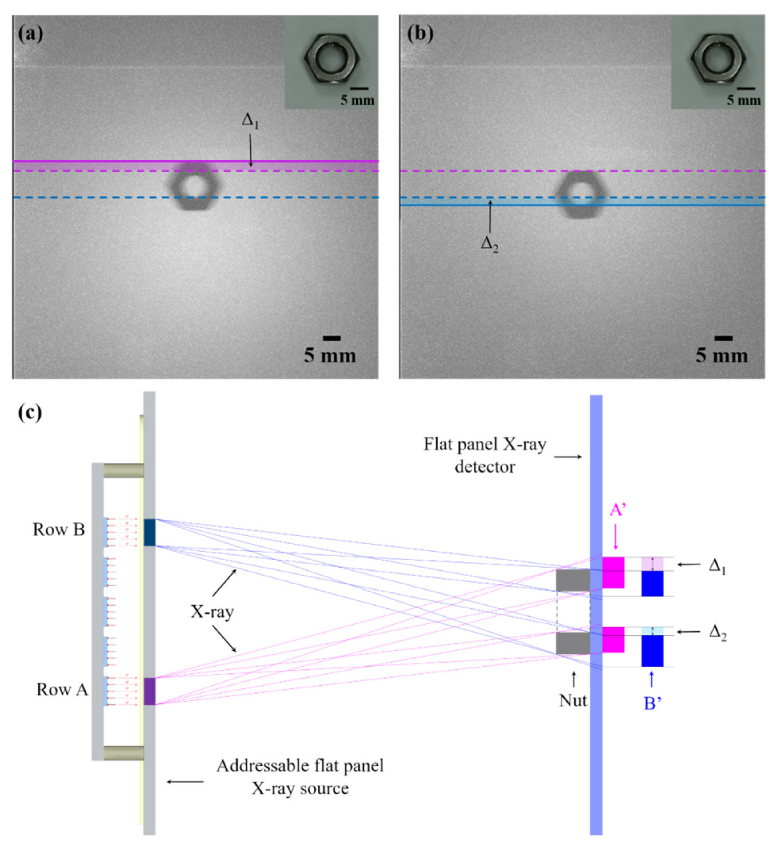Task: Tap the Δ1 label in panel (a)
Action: coord(250,121)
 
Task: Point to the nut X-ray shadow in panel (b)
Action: coord(582,195)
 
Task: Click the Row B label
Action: coord(59,530)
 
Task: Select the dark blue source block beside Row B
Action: coord(150,532)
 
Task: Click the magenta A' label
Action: coord(617,511)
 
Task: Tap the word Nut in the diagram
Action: coord(573,701)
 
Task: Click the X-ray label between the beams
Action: coord(212,611)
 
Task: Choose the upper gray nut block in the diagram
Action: coord(573,580)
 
